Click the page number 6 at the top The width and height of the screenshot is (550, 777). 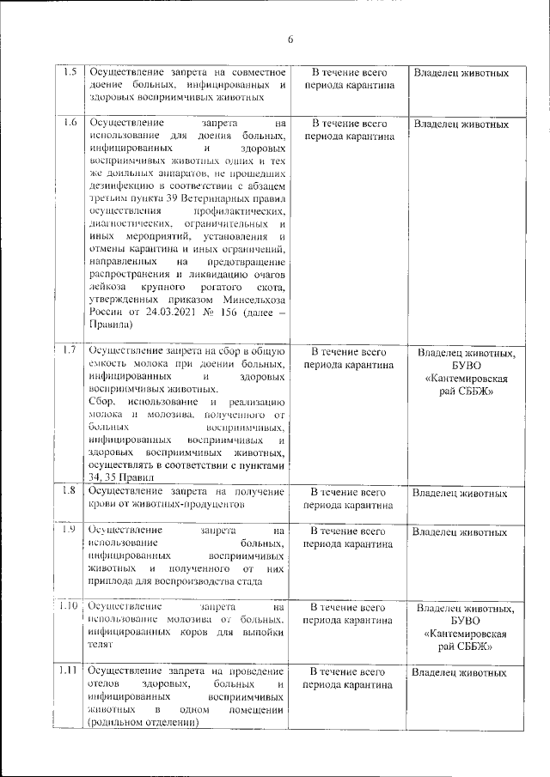290,39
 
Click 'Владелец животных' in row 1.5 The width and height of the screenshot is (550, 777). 461,73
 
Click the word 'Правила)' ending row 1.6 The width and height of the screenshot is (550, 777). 112,327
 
